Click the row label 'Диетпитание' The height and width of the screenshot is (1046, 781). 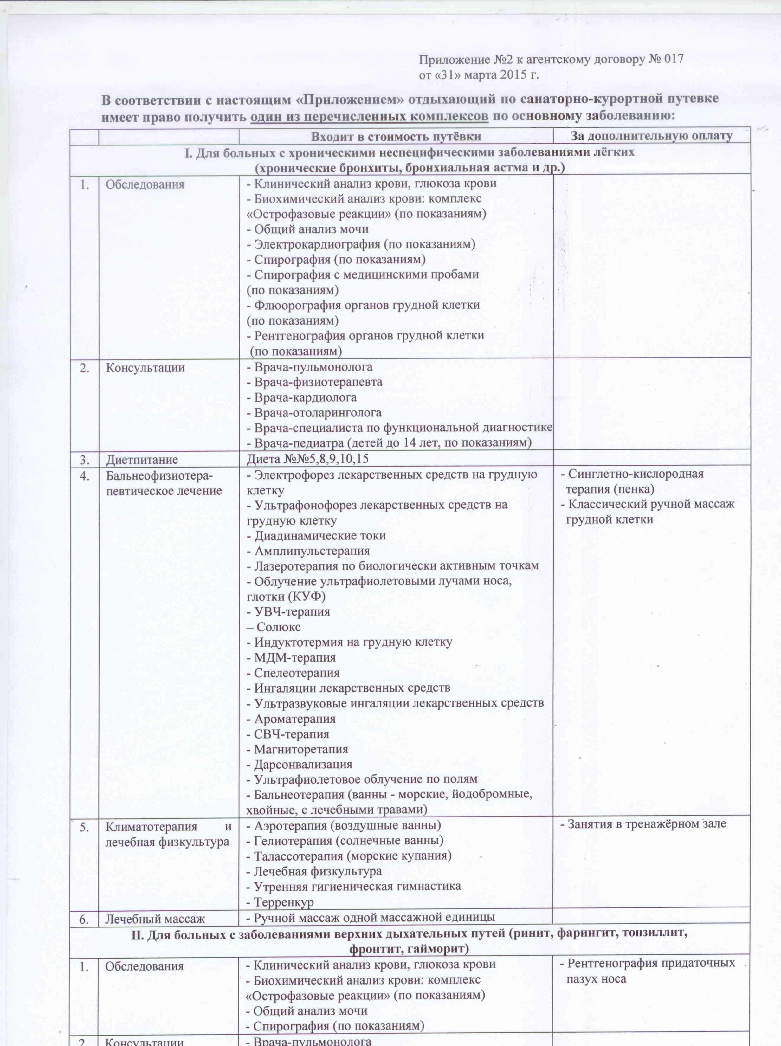pyautogui.click(x=142, y=459)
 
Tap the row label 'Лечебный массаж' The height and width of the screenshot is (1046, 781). pyautogui.click(x=155, y=918)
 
